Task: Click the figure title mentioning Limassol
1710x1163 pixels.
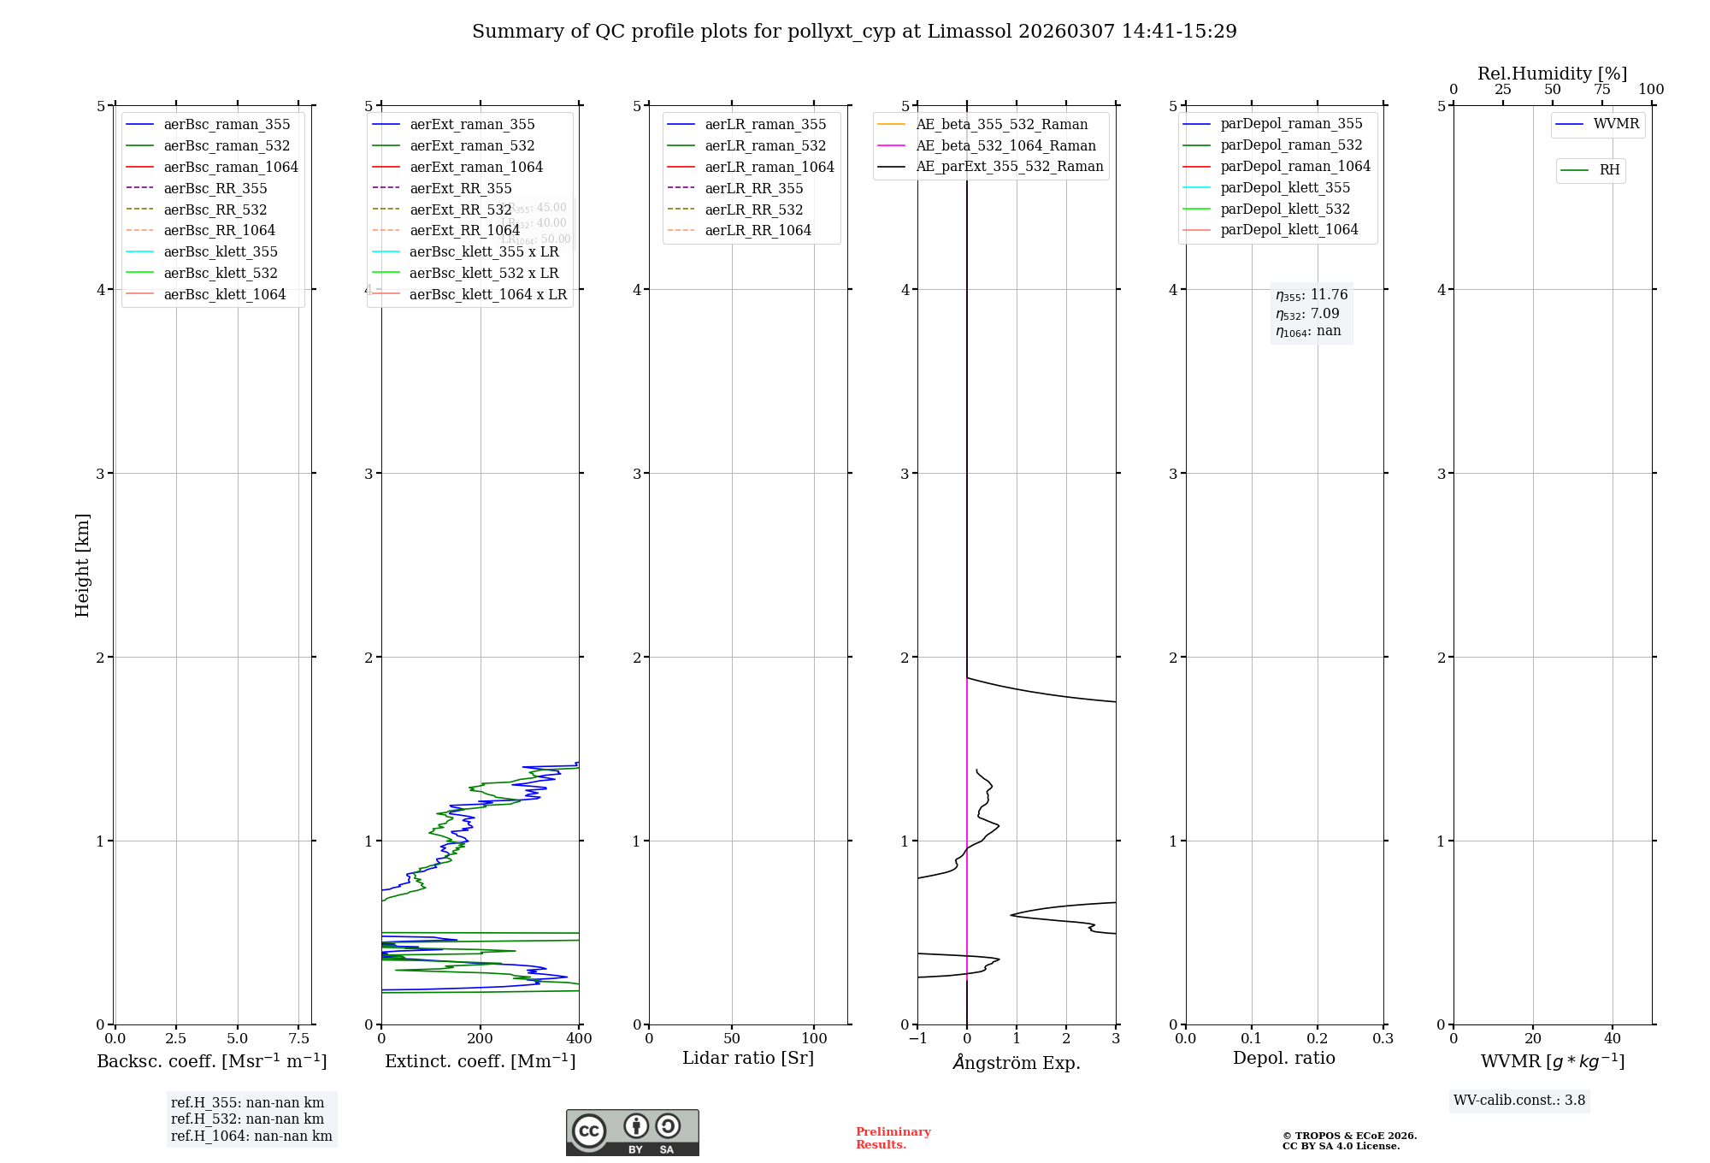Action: click(854, 32)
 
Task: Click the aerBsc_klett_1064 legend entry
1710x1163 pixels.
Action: click(224, 294)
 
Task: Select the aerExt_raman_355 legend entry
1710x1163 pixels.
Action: click(472, 125)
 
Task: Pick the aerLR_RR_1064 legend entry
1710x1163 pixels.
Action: click(758, 230)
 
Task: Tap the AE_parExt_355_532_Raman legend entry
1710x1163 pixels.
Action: click(1009, 167)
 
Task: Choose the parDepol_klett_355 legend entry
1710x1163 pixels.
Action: click(1285, 187)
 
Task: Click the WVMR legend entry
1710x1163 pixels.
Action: click(1616, 124)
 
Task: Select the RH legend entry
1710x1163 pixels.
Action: click(1609, 170)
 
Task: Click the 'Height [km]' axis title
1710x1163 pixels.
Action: click(82, 565)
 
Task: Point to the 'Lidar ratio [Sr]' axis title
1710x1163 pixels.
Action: click(748, 1058)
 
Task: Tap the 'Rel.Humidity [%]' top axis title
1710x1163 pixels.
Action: click(1552, 74)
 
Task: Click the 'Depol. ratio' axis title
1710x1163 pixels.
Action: click(1283, 1058)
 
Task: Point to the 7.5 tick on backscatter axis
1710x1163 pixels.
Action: click(298, 1038)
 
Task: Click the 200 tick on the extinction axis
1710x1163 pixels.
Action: click(481, 1038)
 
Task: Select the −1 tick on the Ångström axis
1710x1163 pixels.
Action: click(917, 1038)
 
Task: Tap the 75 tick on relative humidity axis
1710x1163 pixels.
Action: click(1601, 90)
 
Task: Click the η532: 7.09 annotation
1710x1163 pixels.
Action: click(1307, 314)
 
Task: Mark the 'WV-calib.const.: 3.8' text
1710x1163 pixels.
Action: click(1518, 1101)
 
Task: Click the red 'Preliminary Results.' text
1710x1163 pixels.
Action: click(893, 1138)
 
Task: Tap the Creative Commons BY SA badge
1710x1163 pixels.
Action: click(632, 1133)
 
